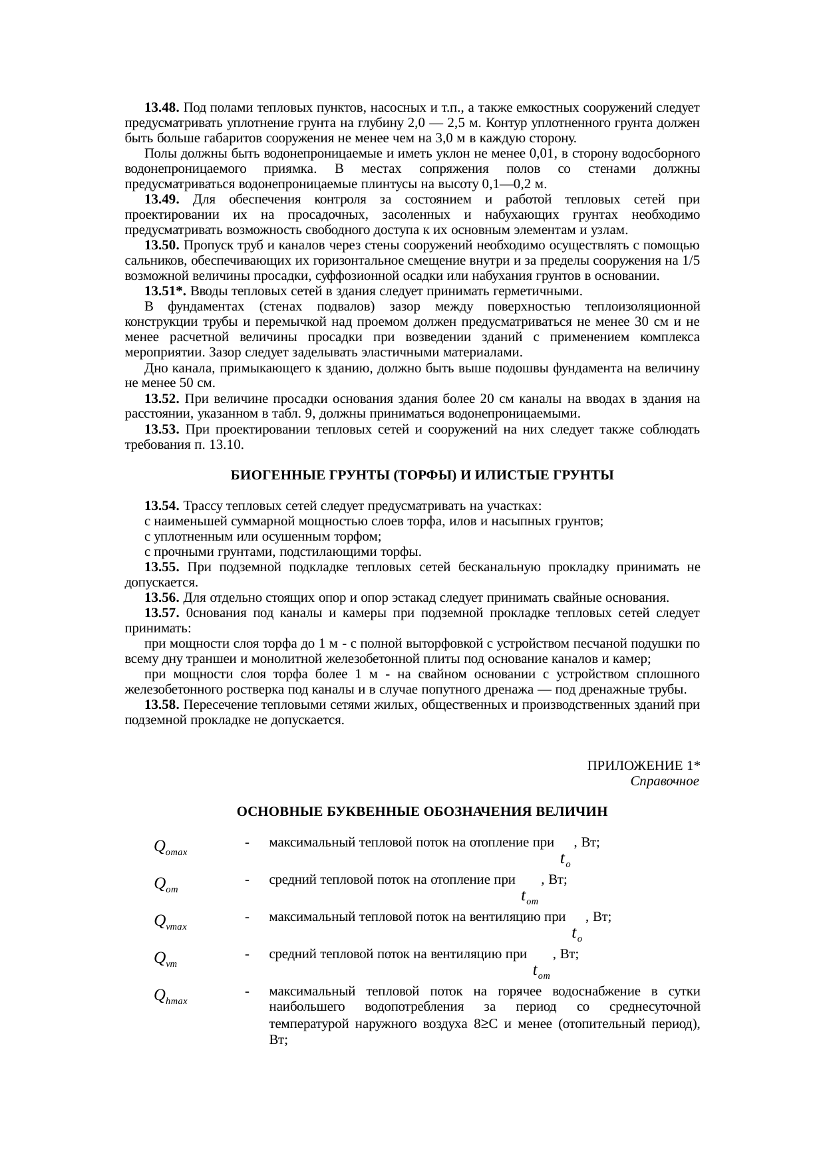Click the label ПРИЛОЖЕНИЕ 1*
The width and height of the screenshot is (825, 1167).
coord(642,765)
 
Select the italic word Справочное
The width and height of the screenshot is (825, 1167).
coord(664,781)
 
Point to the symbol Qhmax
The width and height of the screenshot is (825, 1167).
coord(170,995)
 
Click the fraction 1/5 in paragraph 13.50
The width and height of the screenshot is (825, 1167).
coord(691,261)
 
